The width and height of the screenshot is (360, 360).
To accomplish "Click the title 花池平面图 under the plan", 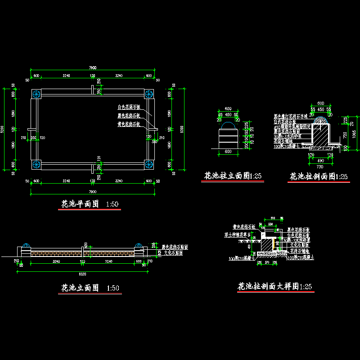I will (80, 204).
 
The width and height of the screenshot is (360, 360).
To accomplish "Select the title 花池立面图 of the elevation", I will (80, 288).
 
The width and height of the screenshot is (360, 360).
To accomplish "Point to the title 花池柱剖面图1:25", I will (318, 176).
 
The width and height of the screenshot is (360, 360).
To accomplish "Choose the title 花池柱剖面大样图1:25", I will (274, 287).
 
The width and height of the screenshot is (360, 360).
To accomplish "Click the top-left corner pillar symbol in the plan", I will (36, 94).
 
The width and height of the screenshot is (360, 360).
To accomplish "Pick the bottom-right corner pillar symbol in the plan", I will (149, 164).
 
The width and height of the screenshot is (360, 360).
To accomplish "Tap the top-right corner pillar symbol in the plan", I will (149, 94).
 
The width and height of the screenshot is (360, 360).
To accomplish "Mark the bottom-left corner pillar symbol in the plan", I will (36, 164).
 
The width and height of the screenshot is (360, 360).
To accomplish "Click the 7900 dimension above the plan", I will (93, 67).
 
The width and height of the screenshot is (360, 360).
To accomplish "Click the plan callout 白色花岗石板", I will (129, 108).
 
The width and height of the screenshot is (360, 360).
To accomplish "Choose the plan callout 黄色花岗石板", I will (129, 124).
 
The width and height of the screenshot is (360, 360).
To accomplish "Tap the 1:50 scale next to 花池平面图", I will (112, 205).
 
